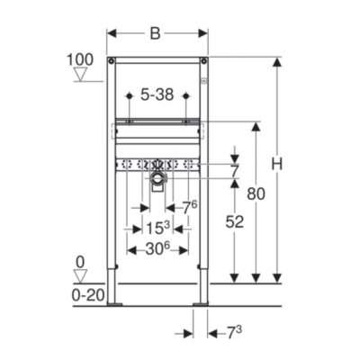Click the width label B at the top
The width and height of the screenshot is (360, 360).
click(155, 34)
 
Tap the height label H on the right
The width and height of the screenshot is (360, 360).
click(276, 165)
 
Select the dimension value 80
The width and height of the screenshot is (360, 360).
click(256, 193)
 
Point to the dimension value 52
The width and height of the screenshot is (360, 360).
click(235, 222)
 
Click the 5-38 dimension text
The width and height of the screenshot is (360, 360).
click(157, 95)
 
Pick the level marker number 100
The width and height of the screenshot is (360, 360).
click(80, 59)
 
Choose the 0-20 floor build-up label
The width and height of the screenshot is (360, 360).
click(88, 296)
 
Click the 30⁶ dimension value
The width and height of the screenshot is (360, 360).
click(157, 248)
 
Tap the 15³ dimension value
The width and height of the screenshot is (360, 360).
click(158, 228)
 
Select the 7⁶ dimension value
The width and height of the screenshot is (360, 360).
click(190, 208)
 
